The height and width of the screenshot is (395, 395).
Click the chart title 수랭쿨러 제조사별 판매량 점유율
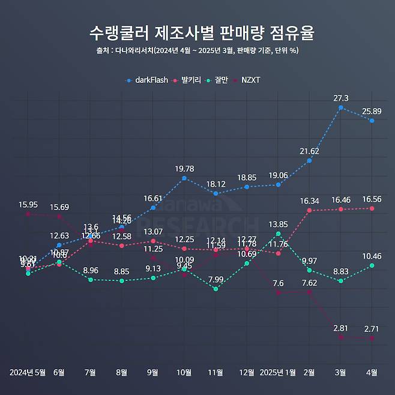[x=197, y=32]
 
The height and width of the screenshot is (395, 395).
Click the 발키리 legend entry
[x=187, y=80]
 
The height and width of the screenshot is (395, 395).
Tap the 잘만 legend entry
[x=217, y=80]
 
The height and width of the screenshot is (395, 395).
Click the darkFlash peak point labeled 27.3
[x=341, y=108]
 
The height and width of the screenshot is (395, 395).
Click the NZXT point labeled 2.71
[x=372, y=339]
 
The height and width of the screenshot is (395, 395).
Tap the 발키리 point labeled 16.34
[x=309, y=210]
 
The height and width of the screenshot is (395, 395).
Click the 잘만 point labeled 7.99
[x=216, y=289]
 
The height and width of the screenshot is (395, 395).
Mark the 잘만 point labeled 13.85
[x=278, y=234]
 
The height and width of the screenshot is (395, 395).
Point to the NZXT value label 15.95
[x=28, y=205]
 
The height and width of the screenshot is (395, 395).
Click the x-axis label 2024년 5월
[x=28, y=372]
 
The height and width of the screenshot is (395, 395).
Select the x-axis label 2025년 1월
[x=278, y=372]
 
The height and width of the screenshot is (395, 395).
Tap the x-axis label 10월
[x=184, y=372]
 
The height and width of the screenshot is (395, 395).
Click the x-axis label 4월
[x=372, y=372]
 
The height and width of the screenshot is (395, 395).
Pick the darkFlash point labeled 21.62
[x=309, y=160]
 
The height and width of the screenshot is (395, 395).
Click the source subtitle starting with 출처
[x=197, y=50]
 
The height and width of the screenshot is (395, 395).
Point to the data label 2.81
[x=341, y=328]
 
